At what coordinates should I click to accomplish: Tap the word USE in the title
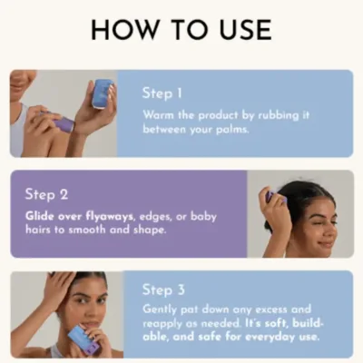(238, 29)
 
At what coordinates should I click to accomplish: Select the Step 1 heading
(162, 93)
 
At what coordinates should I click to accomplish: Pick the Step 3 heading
(162, 290)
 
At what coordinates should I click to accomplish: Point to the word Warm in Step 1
(160, 116)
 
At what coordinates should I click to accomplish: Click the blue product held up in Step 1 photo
(102, 93)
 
